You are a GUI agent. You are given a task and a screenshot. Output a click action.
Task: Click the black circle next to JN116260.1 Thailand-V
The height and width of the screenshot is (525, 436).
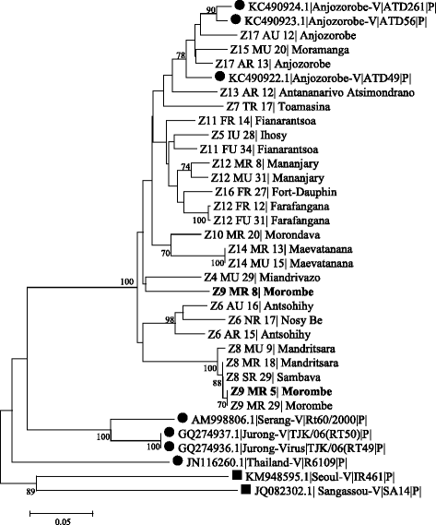pyautogui.click(x=175, y=459)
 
